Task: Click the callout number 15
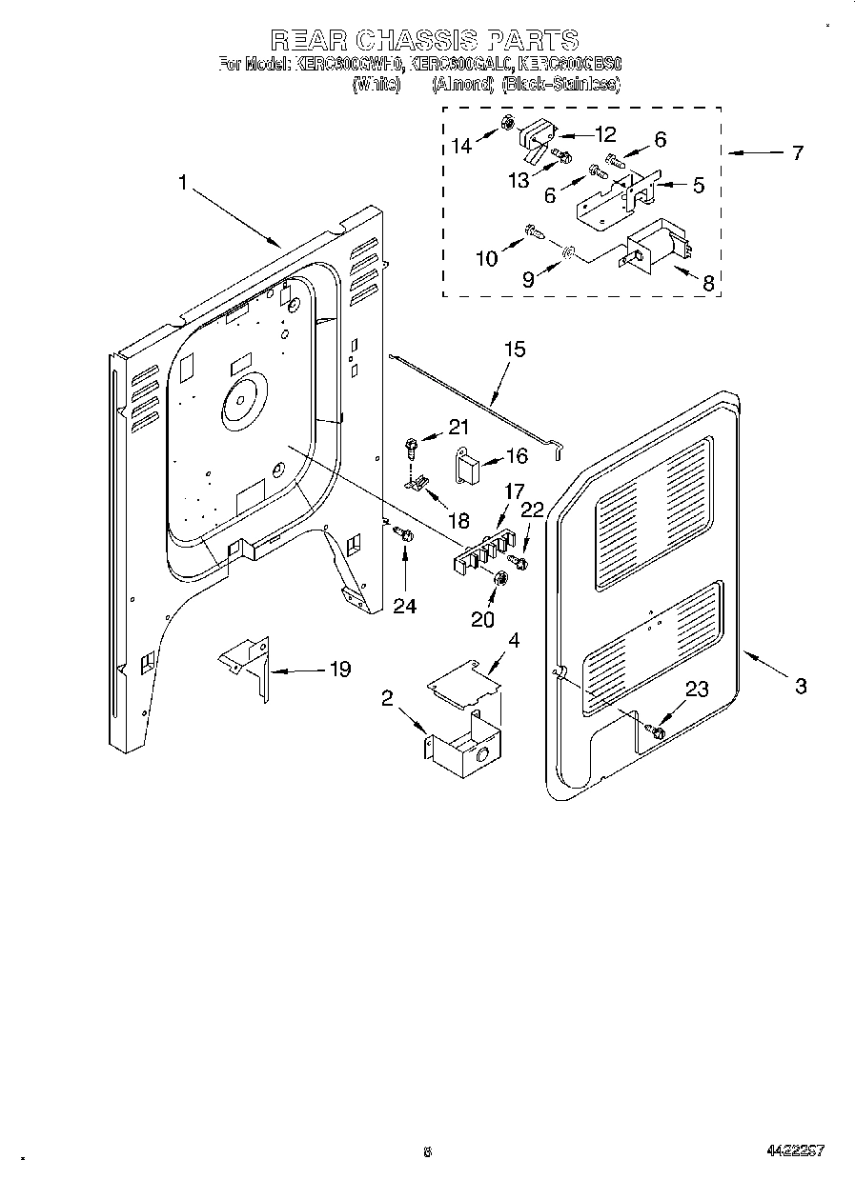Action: [x=514, y=350]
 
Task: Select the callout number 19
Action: [x=338, y=670]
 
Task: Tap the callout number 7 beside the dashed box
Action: [x=796, y=152]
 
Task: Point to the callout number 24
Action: [x=405, y=606]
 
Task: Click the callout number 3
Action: [x=801, y=685]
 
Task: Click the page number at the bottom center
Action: [x=428, y=1152]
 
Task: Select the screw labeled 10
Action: [x=536, y=230]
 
